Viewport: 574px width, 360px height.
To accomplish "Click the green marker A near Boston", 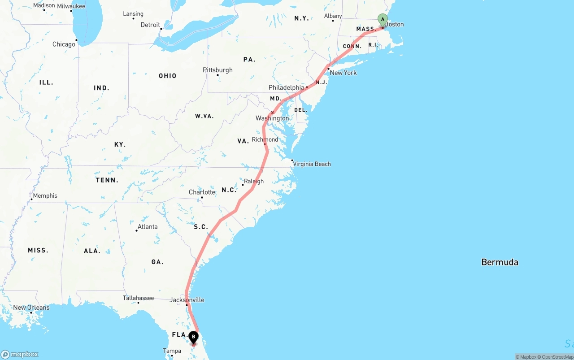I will pos(383,20).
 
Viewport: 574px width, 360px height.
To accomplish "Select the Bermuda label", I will pos(500,262).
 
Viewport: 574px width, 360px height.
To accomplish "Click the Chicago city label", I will pos(64,44).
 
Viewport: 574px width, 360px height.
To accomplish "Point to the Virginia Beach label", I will pos(312,164).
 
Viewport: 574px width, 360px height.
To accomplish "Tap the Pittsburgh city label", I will pos(217,70).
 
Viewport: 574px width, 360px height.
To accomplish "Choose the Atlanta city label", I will pos(148,227).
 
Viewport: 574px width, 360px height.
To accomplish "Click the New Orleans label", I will pos(31,308).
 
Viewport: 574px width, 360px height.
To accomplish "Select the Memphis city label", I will pos(45,195).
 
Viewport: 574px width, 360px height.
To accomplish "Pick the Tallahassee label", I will pos(138,298).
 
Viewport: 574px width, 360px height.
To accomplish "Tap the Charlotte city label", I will pos(202,192).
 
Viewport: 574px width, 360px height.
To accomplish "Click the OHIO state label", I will pos(167,76).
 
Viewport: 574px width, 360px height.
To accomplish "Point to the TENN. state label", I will pos(107,180).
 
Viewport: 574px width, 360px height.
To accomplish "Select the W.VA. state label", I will pos(204,116).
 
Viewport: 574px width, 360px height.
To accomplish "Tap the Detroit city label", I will pos(150,25).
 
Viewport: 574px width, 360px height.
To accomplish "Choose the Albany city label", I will pos(333,16).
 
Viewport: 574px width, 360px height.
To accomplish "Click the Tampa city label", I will pos(172,351).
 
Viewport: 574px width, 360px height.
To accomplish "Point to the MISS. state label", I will pos(38,250).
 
